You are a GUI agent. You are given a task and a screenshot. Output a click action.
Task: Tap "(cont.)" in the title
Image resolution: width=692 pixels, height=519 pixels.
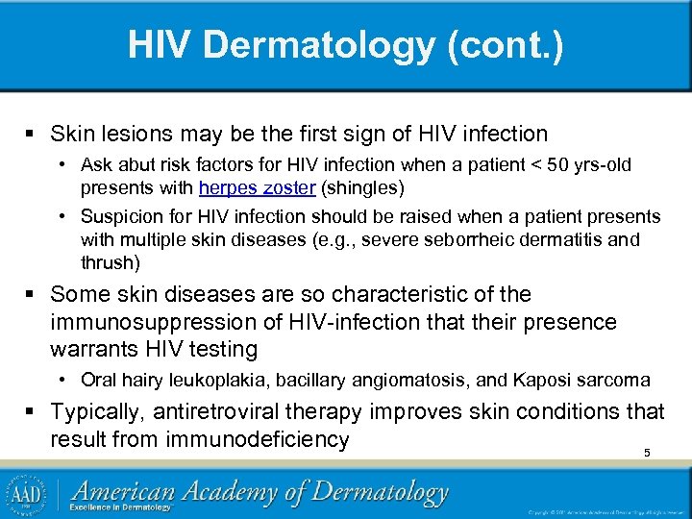coord(509,45)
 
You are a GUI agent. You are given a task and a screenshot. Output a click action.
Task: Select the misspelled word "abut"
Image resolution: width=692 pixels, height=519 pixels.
coord(135,165)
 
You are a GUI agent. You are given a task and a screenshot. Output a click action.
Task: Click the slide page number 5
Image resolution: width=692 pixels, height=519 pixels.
coord(647,452)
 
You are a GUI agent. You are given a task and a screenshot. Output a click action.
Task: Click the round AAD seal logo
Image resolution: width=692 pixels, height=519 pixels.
coord(26,492)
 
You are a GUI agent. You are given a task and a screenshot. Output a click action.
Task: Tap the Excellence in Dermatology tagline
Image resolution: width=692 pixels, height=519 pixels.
coord(125,507)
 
